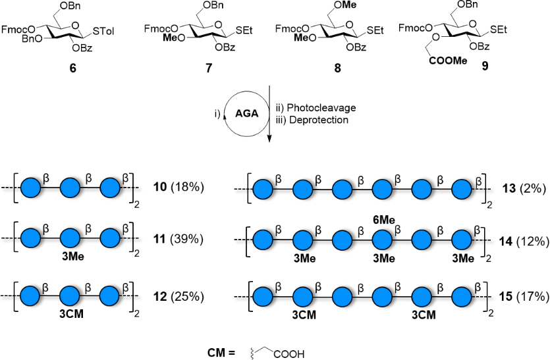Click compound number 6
(73, 67)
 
